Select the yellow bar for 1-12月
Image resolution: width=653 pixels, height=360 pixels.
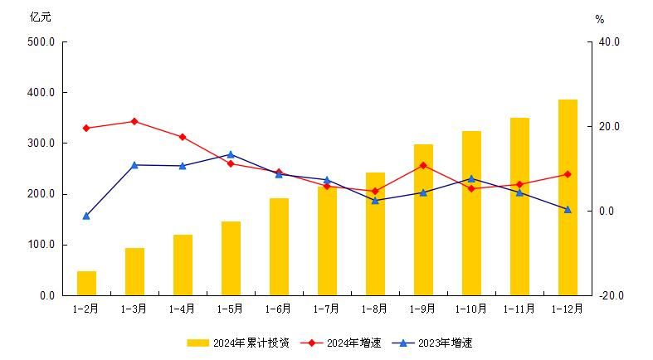coord(568,197)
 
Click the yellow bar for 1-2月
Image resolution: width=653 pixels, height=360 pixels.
coord(86,283)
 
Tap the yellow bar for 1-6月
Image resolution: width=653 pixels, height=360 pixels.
coord(279,246)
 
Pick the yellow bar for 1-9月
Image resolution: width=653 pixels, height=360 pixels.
coord(423,220)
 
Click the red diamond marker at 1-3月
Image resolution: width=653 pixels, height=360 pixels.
coord(134,121)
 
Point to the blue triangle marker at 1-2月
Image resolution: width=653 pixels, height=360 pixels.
coord(86,216)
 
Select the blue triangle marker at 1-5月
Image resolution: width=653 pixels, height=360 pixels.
coord(231,154)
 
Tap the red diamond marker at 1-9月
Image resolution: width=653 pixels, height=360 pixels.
coord(423,165)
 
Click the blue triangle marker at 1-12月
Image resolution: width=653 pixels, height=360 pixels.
coord(568,209)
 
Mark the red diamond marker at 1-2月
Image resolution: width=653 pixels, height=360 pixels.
coord(86,128)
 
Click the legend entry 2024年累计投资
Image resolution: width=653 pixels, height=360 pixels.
coord(239,343)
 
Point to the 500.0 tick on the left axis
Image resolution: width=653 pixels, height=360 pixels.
coord(41,41)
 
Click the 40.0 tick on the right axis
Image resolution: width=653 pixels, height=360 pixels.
coord(609,41)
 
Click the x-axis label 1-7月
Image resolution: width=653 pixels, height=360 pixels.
coord(326,309)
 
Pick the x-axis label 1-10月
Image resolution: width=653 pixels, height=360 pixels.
coord(471,309)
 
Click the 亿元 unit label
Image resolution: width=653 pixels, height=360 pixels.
coord(40,17)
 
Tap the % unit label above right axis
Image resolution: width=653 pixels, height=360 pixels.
coord(600,18)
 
